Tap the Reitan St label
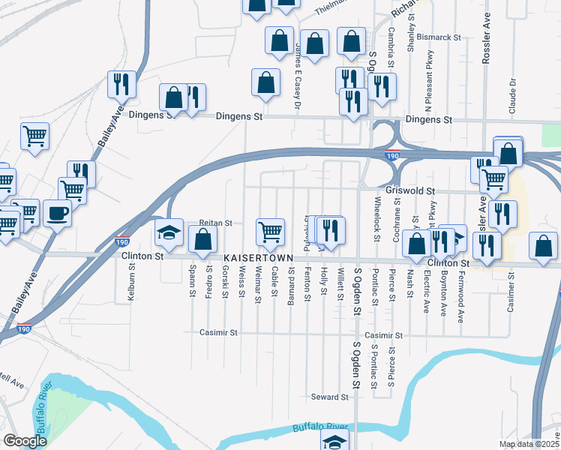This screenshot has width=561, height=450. [216, 223]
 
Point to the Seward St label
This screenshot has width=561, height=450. [330, 397]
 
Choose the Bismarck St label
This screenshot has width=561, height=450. [438, 36]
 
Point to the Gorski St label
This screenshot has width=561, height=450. [224, 280]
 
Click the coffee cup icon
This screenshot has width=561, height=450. [57, 214]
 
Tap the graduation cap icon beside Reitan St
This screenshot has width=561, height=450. [169, 233]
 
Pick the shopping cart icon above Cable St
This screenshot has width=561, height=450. [270, 231]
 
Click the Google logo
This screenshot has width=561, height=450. [25, 441]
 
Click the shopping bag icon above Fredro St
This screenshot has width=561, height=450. [202, 241]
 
